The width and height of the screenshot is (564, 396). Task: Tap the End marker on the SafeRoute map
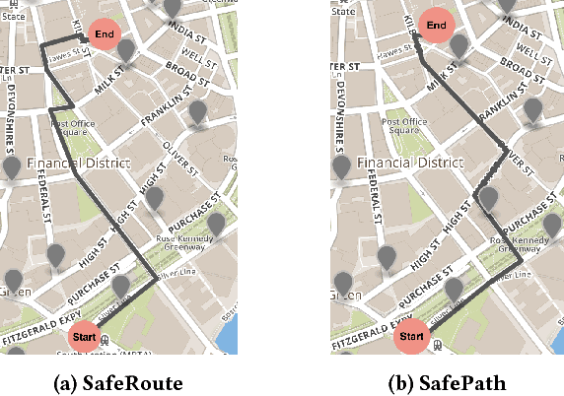pos(105,34)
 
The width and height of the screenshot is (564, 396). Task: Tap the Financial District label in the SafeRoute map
pos(72,162)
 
